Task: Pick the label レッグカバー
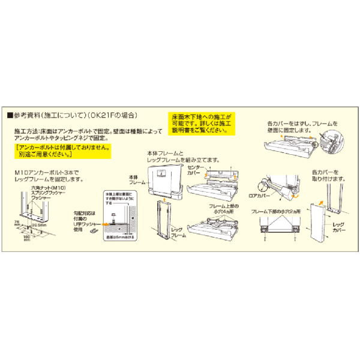339,227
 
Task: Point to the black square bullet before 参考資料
9,115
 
